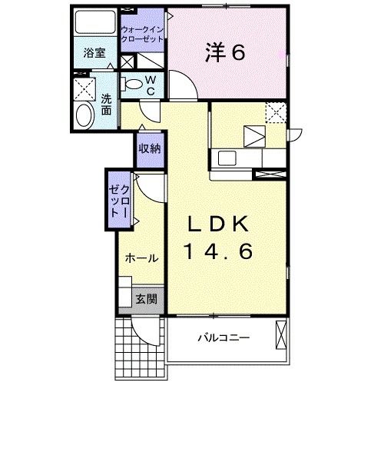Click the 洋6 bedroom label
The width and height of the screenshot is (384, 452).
224,52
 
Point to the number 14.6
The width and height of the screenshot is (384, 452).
219,251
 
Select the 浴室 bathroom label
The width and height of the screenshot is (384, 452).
94,55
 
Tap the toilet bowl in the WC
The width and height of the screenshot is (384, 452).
134,84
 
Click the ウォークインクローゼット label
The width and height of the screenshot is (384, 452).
143,35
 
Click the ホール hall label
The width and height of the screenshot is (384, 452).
142,258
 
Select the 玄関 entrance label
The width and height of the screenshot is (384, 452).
146,299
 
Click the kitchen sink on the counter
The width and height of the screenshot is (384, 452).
230,158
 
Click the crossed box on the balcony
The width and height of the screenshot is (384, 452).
280,334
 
